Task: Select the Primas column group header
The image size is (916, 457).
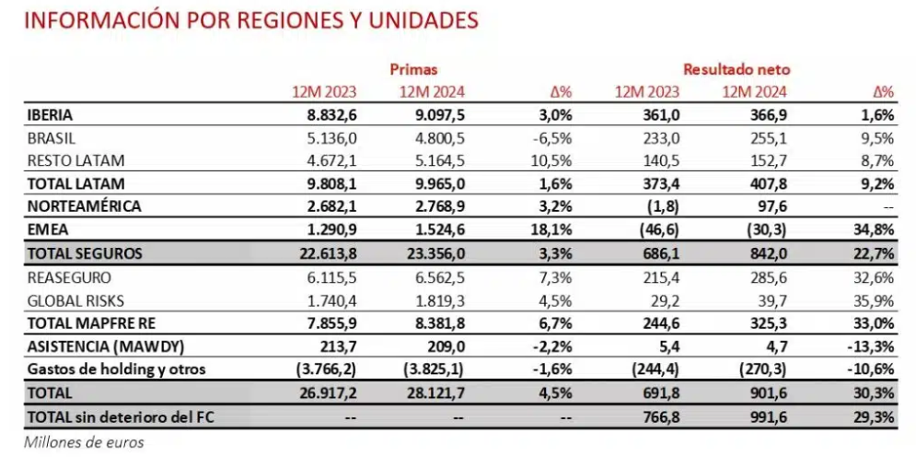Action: [413, 69]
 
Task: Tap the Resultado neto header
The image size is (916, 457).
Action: [736, 69]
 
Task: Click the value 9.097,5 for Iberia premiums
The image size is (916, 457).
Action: [433, 115]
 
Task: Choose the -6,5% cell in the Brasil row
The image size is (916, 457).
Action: [552, 138]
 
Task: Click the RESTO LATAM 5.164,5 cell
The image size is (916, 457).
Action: [433, 160]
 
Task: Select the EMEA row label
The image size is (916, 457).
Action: [45, 228]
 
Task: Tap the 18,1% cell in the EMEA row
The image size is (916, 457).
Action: [553, 228]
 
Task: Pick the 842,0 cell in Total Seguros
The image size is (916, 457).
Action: [763, 251]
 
